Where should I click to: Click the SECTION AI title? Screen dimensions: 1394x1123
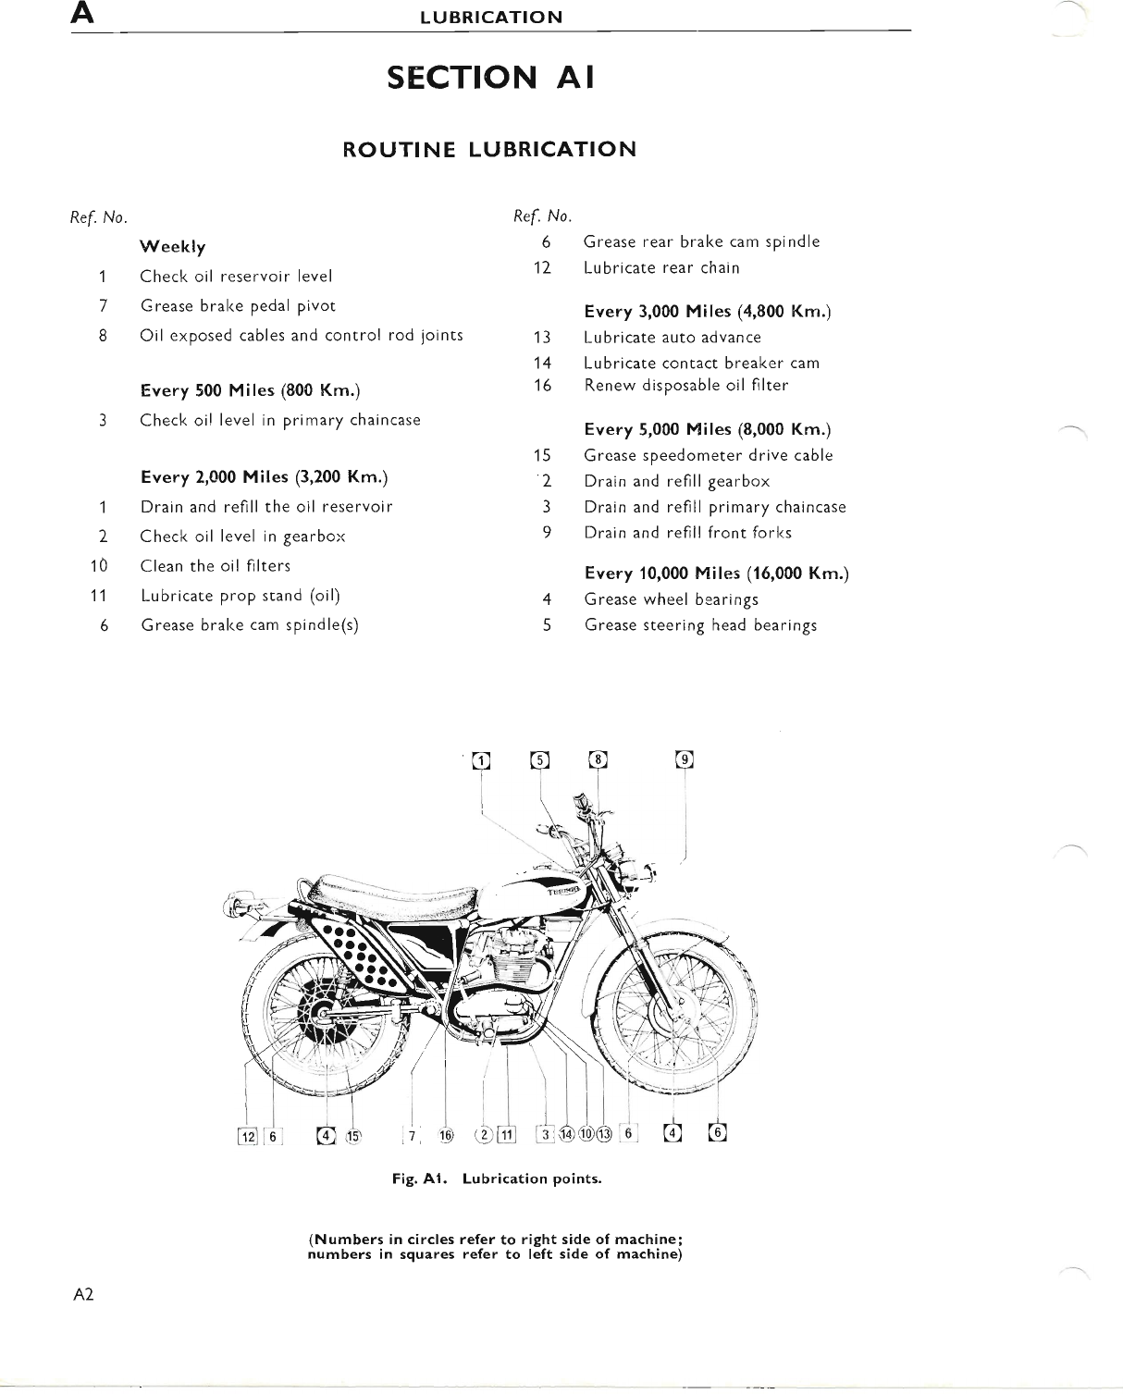point(489,78)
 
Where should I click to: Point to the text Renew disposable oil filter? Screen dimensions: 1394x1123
point(685,385)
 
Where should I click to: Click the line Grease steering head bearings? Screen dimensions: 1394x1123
point(700,625)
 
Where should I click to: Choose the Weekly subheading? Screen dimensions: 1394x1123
point(172,247)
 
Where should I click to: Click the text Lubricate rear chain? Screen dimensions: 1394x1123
point(661,267)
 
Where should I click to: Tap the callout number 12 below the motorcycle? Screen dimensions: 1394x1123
point(247,1137)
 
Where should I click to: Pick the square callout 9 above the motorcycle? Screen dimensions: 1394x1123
point(685,759)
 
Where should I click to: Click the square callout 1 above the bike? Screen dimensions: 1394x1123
point(480,760)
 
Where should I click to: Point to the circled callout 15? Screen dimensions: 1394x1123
point(352,1137)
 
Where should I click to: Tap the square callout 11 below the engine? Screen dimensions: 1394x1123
point(505,1136)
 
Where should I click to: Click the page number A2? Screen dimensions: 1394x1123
point(84,1295)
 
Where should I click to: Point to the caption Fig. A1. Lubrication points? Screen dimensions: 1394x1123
point(496,1179)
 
